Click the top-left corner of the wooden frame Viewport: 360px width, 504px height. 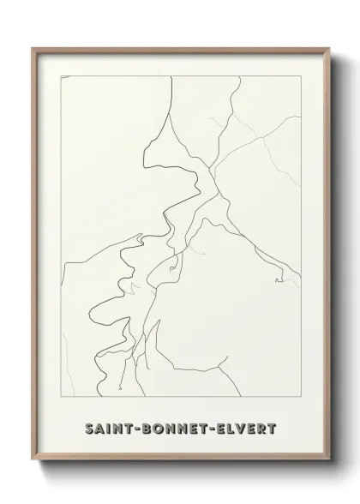[x=33, y=48]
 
